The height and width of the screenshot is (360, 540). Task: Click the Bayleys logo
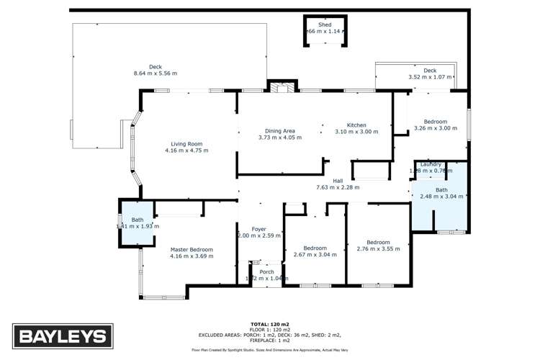click(62, 336)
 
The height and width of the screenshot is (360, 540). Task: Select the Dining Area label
click(280, 130)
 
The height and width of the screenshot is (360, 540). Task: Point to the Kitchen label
click(356, 125)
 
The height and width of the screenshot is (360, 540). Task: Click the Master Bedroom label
click(191, 249)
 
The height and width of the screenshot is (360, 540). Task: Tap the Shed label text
click(325, 24)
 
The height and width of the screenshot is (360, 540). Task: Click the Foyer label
click(253, 229)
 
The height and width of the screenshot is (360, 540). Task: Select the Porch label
click(266, 272)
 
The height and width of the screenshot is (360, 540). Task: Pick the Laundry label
click(431, 164)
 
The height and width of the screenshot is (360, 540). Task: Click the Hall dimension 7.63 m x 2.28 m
click(338, 187)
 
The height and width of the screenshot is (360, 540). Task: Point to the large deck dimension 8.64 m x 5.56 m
click(156, 73)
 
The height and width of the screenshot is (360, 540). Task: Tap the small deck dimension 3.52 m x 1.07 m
click(430, 77)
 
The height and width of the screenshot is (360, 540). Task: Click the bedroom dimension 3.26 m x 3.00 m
click(436, 129)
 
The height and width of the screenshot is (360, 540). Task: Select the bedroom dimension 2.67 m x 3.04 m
click(314, 254)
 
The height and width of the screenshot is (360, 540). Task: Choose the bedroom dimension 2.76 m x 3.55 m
click(378, 249)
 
